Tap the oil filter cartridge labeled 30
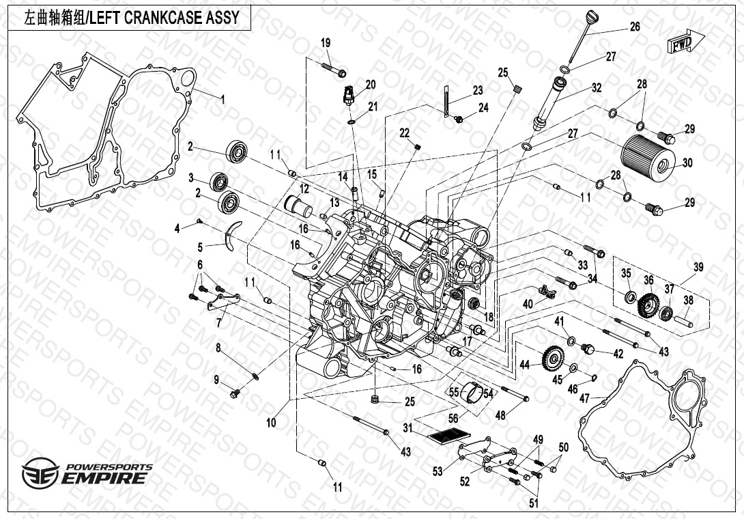click(649, 156)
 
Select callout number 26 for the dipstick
click(635, 27)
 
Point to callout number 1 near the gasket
click(222, 98)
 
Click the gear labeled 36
click(648, 305)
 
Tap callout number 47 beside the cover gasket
click(584, 397)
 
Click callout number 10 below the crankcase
click(272, 423)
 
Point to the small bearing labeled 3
click(219, 182)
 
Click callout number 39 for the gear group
click(698, 267)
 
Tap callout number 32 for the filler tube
click(597, 87)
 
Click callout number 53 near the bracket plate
click(438, 471)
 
